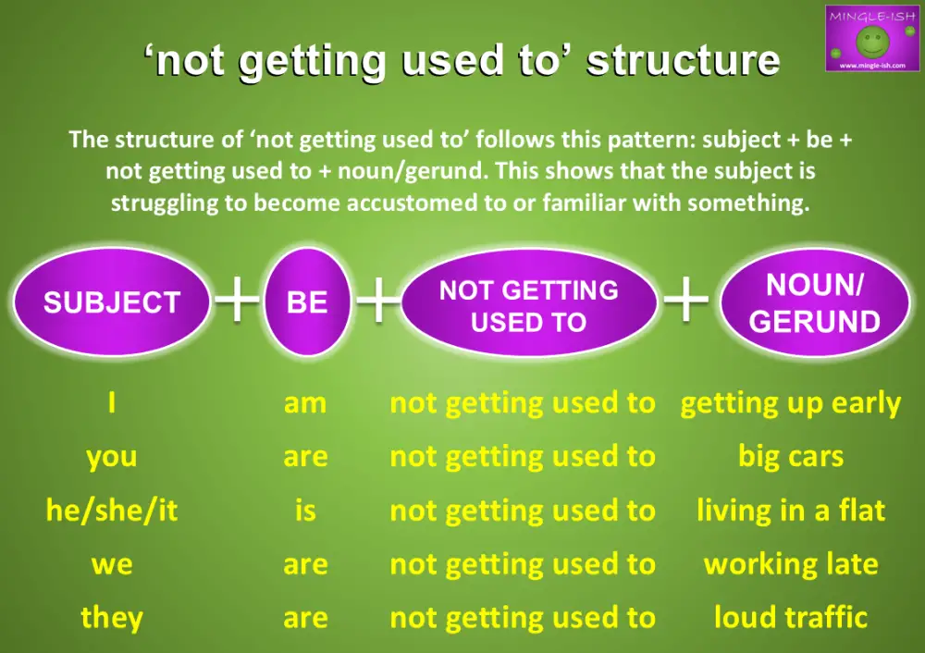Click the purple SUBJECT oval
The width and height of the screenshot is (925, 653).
[x=111, y=302]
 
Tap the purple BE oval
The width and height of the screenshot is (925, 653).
[x=307, y=302]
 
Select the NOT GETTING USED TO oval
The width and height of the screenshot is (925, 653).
[x=528, y=306]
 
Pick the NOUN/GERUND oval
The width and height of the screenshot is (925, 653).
[x=814, y=303]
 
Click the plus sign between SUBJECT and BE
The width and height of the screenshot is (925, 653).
[x=238, y=302]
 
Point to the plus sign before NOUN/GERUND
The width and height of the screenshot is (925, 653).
[x=686, y=302]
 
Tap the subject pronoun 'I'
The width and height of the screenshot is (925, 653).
[x=111, y=403]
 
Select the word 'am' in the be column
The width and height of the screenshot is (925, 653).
[x=305, y=403]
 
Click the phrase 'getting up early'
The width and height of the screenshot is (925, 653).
[x=791, y=403]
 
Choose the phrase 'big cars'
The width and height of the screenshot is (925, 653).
[x=791, y=457]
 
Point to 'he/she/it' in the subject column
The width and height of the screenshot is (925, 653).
[x=111, y=511]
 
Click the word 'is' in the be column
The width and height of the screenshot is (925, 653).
[x=305, y=511]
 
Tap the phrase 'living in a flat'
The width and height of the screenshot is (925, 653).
[x=791, y=511]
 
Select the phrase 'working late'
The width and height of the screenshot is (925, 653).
[x=791, y=564]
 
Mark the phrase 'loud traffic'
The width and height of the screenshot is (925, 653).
[x=791, y=617]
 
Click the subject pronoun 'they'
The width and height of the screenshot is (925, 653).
[x=111, y=617]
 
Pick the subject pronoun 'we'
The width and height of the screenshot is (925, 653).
[x=111, y=564]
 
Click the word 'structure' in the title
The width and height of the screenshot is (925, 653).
[x=684, y=61]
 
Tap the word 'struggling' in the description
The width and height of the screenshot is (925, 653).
[x=172, y=203]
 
